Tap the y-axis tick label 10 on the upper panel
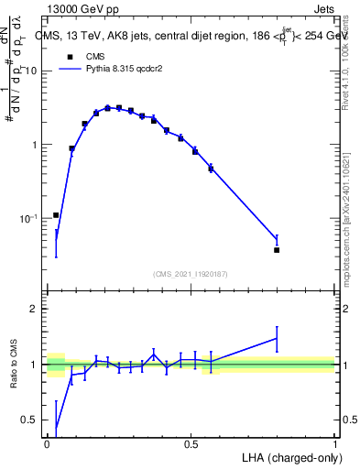coord(33,71)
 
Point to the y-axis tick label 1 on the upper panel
coord(37,145)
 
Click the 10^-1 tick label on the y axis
coord(30,218)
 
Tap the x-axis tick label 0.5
coord(191,443)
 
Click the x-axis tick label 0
coord(47,443)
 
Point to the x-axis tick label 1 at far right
coord(334,443)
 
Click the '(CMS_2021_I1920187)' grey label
coord(191,273)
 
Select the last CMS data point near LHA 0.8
coord(277,249)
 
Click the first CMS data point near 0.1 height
coord(56,215)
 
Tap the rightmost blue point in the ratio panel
coord(277,338)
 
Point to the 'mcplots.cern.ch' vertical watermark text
coord(348,220)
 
